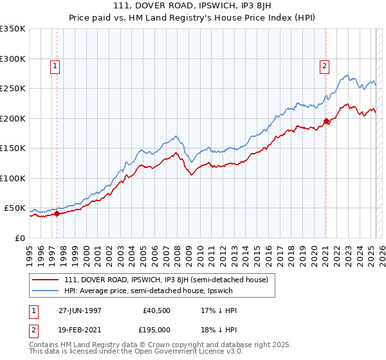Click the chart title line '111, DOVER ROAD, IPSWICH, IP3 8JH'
pos(193,6)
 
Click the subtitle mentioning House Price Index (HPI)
pos(193,17)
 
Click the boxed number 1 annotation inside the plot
pos(55,65)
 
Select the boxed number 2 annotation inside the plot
pos(324,65)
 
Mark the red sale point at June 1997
pos(57,214)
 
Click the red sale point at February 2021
pos(326,121)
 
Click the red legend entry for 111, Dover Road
pos(170,280)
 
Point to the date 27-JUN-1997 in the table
pos(80,310)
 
